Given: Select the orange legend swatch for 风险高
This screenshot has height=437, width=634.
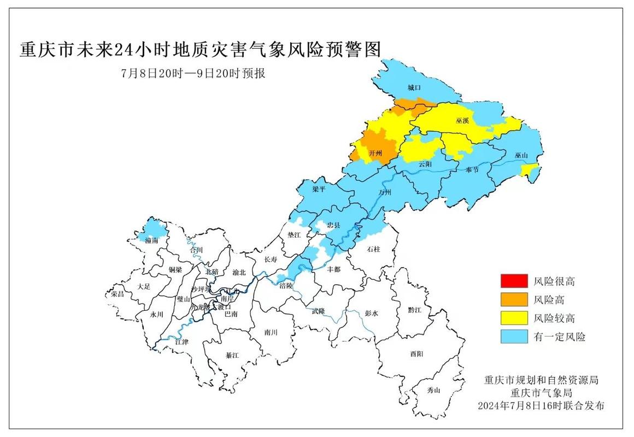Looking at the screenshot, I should (514, 299).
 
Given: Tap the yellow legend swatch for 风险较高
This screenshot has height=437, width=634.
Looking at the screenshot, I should (514, 318).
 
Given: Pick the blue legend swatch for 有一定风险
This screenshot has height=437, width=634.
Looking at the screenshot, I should (514, 336).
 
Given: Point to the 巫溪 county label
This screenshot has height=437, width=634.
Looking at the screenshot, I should (462, 120).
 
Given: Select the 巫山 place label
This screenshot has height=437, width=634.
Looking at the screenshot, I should (521, 156).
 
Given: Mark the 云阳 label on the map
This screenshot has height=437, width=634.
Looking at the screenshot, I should (425, 164).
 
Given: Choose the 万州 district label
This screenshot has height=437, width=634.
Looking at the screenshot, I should (385, 192).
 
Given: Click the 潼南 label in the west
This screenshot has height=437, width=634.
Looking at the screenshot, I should (151, 240).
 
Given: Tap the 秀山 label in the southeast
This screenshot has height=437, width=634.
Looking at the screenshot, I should (433, 390).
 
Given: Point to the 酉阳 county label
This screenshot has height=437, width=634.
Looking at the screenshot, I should (416, 354).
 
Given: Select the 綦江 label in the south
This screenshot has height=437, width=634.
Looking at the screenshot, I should (232, 355).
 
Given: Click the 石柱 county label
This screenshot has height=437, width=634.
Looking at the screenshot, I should (373, 249).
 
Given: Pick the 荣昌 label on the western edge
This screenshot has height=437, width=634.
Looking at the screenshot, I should (118, 293).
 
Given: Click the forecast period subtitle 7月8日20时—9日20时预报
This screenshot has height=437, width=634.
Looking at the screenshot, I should (193, 73).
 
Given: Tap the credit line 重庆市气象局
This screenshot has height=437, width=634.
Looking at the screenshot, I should (541, 393).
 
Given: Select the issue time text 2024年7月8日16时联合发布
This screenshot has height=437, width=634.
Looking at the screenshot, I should (541, 406).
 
